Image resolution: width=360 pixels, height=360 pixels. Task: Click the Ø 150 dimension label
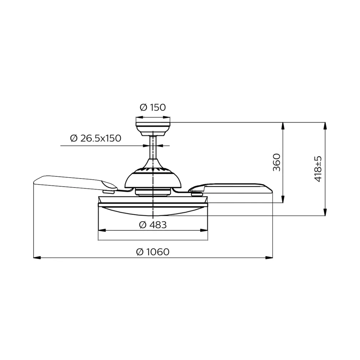coord(153,107)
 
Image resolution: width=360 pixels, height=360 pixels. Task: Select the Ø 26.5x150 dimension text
coord(96,138)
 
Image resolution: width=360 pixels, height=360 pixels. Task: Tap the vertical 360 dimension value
coord(277,162)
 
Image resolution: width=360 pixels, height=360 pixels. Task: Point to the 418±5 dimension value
coord(318,169)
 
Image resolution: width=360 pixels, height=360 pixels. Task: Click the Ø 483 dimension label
coord(153,225)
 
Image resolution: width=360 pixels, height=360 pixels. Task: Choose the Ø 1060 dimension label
coord(153,252)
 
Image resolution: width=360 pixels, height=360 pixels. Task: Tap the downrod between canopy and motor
coord(153,150)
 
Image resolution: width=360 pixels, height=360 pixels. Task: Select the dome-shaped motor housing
coord(153,178)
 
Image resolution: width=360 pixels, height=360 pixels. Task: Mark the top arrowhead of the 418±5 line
coord(325,125)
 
